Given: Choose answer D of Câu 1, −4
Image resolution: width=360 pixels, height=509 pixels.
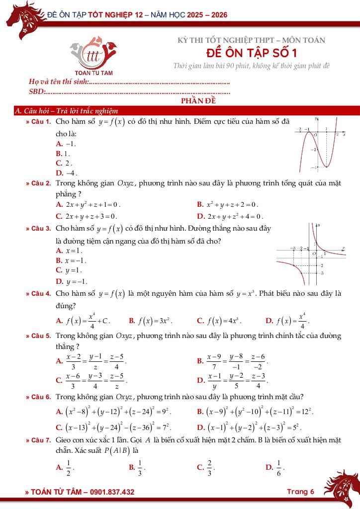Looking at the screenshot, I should coord(66,173).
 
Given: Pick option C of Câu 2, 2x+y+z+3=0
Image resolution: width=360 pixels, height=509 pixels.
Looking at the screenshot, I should coord(87,216).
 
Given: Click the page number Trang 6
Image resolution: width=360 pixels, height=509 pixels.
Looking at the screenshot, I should coord(300,492).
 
